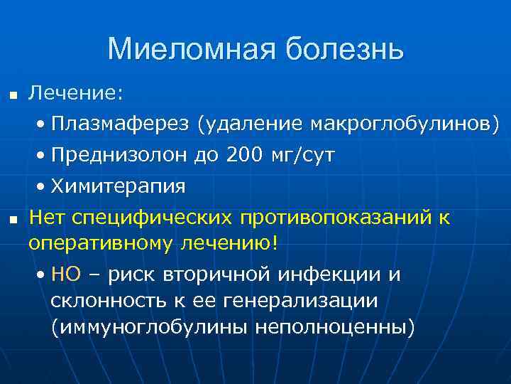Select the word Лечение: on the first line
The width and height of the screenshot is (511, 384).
coord(76,92)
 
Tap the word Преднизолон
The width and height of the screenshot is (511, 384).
coord(120,155)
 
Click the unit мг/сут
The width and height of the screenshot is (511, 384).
coord(304,155)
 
